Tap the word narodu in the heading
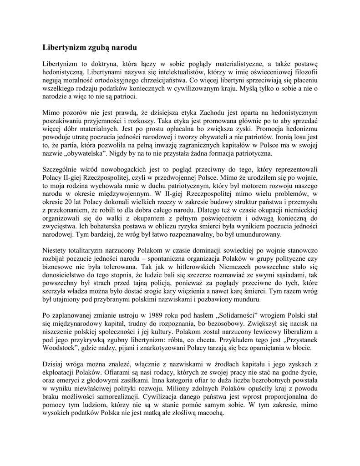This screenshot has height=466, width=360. pyautogui.click(x=120, y=47)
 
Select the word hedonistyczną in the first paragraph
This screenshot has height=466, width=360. pyautogui.click(x=62, y=71)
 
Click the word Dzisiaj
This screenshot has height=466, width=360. pyautogui.click(x=54, y=365)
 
